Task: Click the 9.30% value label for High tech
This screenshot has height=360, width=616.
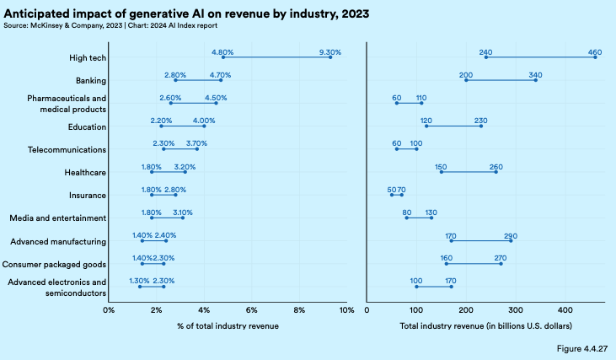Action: (330, 52)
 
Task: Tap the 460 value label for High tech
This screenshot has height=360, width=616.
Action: (595, 52)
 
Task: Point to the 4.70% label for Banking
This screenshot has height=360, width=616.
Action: (221, 75)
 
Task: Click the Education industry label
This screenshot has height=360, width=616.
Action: (87, 127)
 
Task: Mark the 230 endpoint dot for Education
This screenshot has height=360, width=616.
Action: (481, 126)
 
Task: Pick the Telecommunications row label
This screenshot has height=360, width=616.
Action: (66, 150)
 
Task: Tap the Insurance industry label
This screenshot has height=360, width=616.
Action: (87, 196)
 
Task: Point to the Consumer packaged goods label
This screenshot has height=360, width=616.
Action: (59, 264)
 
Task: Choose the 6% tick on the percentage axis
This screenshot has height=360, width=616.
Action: (251, 311)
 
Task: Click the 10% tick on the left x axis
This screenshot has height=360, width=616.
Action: (345, 311)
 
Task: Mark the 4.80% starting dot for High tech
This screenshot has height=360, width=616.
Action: (223, 57)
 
